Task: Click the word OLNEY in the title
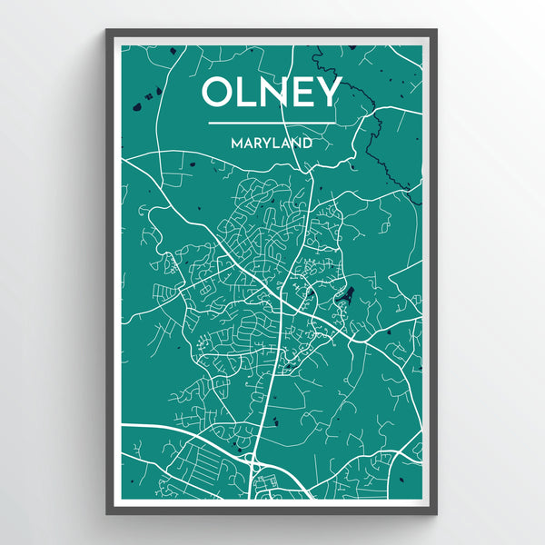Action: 271,93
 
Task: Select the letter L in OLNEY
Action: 247,93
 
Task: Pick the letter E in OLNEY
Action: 303,93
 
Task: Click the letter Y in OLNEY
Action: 328,93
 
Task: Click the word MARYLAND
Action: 271,143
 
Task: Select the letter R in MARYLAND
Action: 257,143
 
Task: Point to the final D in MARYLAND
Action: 308,143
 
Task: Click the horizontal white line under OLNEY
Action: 271,123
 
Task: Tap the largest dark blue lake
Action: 346,294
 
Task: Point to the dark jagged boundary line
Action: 372,136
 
